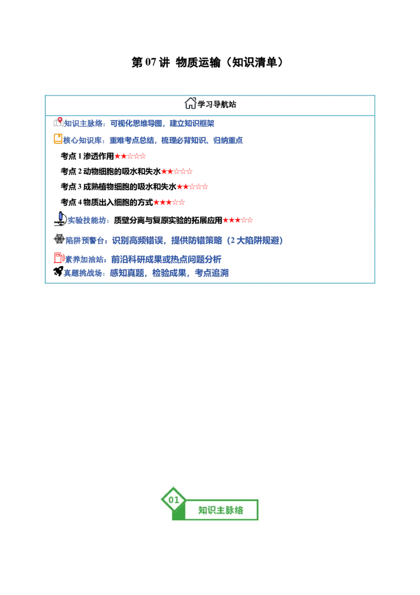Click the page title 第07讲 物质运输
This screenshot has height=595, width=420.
point(176,62)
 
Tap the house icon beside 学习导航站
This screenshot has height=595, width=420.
point(190,103)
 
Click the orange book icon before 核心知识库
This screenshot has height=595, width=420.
point(58,139)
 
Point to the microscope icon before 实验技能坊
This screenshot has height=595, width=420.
point(60,219)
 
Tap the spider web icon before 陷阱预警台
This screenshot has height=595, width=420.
point(59,239)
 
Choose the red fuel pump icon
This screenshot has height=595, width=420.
point(59,258)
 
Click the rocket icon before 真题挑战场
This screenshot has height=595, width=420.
point(58,271)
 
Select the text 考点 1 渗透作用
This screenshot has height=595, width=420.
point(87,156)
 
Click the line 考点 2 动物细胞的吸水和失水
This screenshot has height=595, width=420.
point(111,171)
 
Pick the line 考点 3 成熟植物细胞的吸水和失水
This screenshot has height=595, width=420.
point(119,187)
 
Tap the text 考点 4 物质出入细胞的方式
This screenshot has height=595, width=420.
point(107,202)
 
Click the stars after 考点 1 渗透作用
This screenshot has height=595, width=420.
point(130,156)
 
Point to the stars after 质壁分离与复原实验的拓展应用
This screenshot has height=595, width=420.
point(238,220)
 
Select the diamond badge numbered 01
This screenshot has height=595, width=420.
point(174,500)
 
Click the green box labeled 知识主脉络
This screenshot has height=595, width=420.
point(221,510)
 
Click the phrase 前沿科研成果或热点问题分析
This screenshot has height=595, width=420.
point(166,260)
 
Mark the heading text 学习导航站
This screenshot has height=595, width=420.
point(217,105)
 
